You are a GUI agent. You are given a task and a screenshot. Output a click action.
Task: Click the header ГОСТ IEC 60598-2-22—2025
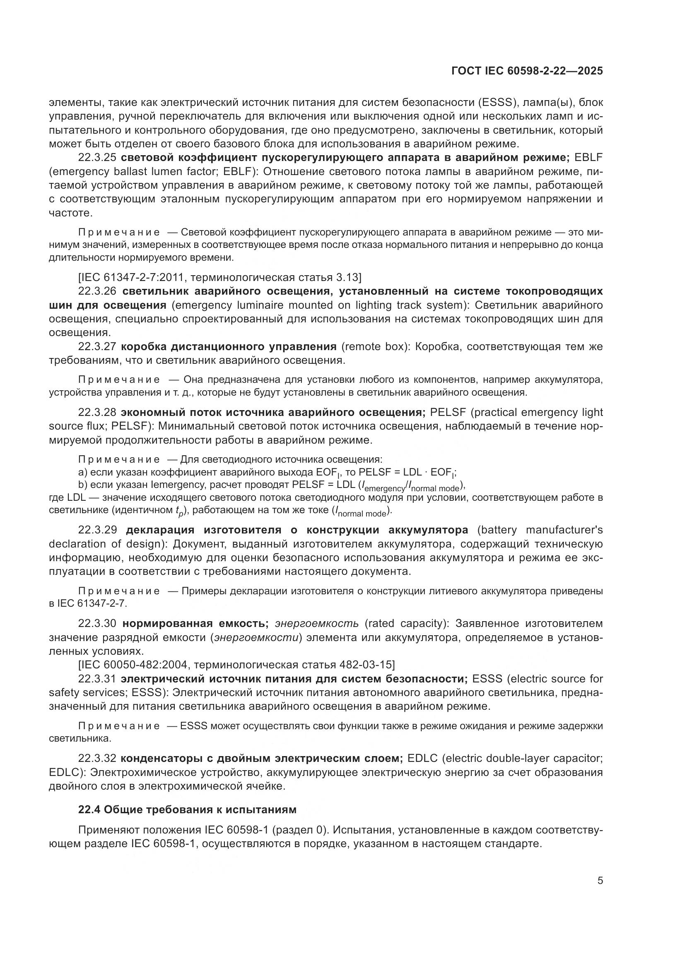(527, 71)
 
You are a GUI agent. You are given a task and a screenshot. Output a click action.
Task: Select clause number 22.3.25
(97, 158)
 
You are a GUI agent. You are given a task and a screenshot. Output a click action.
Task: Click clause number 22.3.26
(97, 291)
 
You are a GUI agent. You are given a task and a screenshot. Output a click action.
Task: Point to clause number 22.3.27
(97, 346)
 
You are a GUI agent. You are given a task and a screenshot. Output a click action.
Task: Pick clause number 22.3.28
(97, 412)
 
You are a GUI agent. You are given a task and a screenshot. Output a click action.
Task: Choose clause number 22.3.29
(97, 530)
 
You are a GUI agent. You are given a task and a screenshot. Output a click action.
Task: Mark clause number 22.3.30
(97, 624)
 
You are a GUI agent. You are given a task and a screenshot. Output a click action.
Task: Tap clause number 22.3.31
(97, 679)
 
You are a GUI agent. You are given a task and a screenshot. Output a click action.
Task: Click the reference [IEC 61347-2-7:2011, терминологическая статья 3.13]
(220, 277)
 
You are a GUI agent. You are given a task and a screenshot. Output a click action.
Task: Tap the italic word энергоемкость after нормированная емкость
(316, 624)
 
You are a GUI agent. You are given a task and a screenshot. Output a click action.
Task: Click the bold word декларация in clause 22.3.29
(162, 530)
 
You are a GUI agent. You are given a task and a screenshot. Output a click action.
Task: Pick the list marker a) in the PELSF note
(83, 472)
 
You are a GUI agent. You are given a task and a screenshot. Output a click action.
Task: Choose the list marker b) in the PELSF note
(83, 485)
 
